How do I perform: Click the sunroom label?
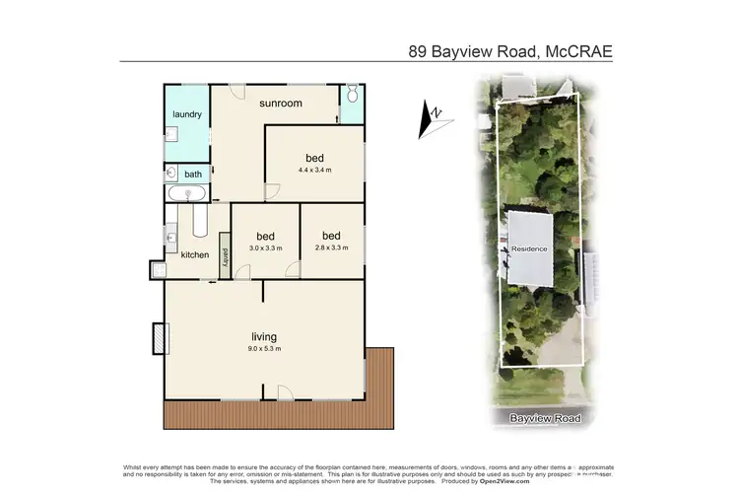point(281,103)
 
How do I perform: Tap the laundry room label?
point(187,114)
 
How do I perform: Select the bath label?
point(193,175)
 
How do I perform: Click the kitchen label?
point(195,255)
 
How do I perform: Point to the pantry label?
point(225,255)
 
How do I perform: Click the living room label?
point(263,336)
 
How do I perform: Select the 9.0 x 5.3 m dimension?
point(263,348)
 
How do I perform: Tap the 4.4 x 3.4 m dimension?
point(314,170)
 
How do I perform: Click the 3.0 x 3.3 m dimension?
point(265,248)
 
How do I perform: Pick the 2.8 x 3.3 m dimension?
point(331,248)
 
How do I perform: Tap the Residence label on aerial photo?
point(529,248)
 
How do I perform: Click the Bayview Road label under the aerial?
point(545,419)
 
